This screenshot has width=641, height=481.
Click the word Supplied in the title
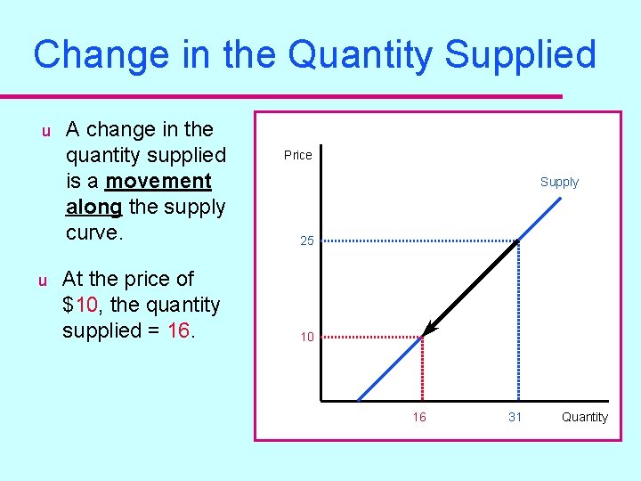click(520, 54)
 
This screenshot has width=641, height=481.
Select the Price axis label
click(297, 155)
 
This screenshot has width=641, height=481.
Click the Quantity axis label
click(585, 417)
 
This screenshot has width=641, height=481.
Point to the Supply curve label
click(559, 182)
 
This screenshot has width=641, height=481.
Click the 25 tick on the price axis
click(305, 240)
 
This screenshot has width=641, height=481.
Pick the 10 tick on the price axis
click(306, 337)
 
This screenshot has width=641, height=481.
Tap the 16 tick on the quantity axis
click(418, 417)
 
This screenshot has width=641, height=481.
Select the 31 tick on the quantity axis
click(515, 417)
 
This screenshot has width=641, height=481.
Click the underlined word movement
click(158, 181)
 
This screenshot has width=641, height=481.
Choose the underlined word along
click(93, 207)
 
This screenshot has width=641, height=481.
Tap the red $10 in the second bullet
click(80, 305)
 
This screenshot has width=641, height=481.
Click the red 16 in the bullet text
click(178, 330)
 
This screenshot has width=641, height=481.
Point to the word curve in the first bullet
click(93, 232)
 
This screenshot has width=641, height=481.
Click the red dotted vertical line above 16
click(421, 370)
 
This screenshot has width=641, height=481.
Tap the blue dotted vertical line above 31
click(518, 321)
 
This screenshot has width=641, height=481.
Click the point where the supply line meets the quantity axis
click(358, 400)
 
